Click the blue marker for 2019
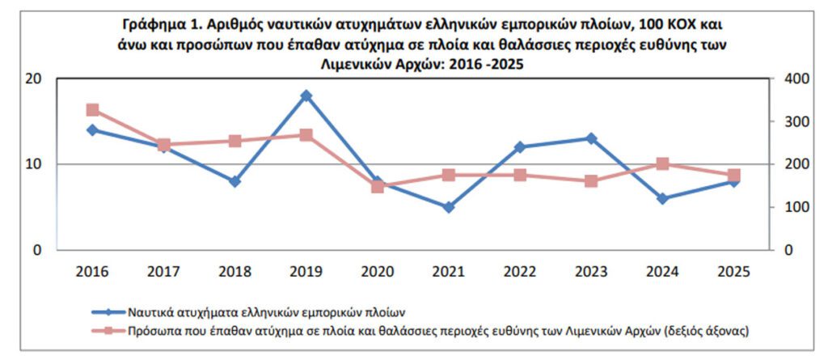coord(306,95)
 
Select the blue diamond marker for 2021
coord(449,207)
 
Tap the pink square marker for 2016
coord(92,110)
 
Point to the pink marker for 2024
coord(663,163)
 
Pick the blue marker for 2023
coord(592,138)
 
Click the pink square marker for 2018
coord(234,141)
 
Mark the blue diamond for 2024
coord(663,198)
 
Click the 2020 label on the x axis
coord(377,272)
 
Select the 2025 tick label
coord(734,272)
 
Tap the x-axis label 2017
coord(163,272)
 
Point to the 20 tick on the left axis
coord(33,78)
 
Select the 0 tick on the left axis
coord(37,250)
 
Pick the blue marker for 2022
coord(520,147)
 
